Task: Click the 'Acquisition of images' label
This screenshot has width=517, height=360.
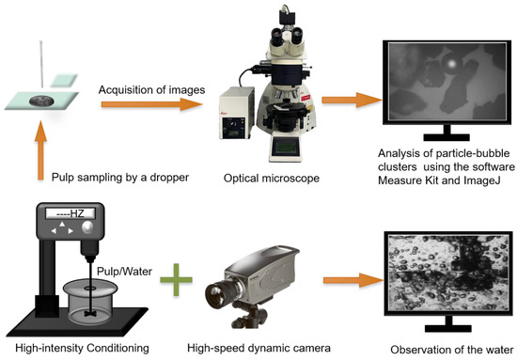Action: click(x=151, y=89)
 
